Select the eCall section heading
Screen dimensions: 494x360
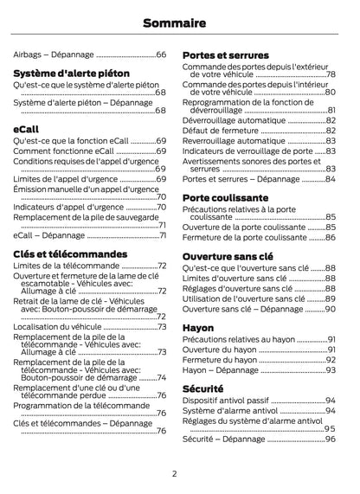[x=27, y=128]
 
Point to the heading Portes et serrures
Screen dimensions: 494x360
[x=225, y=55]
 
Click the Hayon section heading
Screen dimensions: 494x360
[x=199, y=328]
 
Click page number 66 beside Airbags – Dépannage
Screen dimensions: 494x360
[x=162, y=55]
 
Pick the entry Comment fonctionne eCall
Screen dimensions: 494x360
[x=69, y=151]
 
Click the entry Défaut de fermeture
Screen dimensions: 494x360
[x=221, y=131]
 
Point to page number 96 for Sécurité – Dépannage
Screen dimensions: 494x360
[x=331, y=439]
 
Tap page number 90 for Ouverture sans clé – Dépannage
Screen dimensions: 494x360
[x=331, y=309]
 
